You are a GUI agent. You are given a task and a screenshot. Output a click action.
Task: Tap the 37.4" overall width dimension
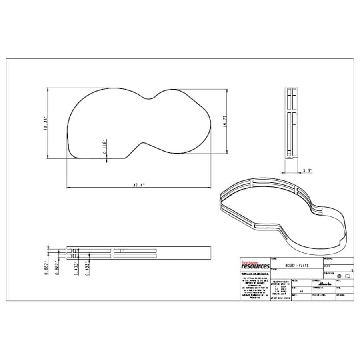(138, 185)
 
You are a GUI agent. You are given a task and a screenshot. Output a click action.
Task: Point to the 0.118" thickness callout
(104, 146)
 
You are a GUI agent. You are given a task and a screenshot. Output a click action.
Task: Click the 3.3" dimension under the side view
(307, 170)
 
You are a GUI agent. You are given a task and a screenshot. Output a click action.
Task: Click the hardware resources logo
(255, 265)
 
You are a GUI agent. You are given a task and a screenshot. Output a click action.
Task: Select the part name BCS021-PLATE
(297, 266)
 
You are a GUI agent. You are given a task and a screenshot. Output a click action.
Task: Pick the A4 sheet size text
(301, 292)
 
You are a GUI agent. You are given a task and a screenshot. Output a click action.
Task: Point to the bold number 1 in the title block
(351, 271)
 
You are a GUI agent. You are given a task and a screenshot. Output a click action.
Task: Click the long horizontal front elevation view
(138, 252)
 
